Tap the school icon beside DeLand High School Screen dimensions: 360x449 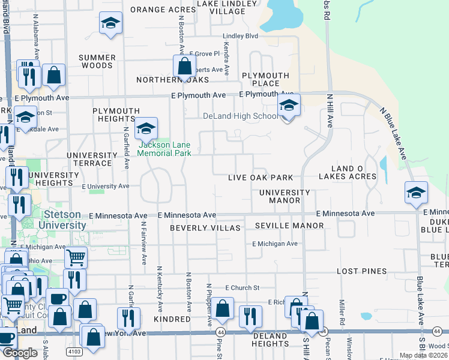tap(289, 106)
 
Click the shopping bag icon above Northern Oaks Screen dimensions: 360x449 tap(184, 66)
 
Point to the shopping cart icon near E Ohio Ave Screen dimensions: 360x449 tap(76, 258)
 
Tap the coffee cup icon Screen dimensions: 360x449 tap(58, 298)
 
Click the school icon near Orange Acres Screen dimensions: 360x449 tap(110, 24)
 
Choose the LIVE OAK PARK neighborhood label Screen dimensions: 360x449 tap(261, 178)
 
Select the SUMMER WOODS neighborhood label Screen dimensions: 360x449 tap(97, 62)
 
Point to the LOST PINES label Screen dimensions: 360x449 tap(361, 271)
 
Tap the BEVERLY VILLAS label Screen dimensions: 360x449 tap(205, 228)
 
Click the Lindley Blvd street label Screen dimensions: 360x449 tap(240, 36)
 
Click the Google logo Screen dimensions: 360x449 tap(20, 353)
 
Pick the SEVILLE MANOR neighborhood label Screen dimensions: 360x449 tap(289, 226)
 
